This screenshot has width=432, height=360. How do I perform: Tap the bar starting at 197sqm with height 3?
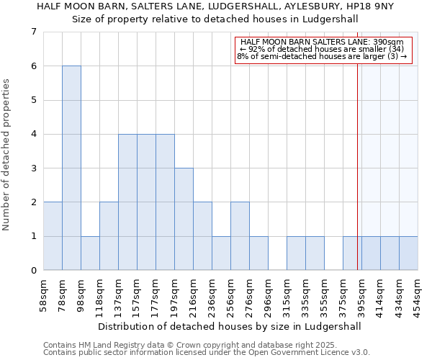click(x=184, y=219)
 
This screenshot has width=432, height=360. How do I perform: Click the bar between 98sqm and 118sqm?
click(x=90, y=253)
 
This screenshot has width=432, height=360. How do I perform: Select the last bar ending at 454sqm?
click(x=408, y=253)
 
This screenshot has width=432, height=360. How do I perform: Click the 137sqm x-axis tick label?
click(x=118, y=293)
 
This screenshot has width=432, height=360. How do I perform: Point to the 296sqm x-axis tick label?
click(x=268, y=293)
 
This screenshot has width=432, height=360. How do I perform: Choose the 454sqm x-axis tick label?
click(x=418, y=293)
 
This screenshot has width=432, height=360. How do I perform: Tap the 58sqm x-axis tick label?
click(x=43, y=293)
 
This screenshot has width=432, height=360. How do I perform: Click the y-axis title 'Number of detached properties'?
click(x=7, y=155)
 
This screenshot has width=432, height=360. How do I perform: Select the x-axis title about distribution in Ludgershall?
click(x=230, y=326)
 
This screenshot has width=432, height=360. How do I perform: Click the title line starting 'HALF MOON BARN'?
click(x=215, y=6)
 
